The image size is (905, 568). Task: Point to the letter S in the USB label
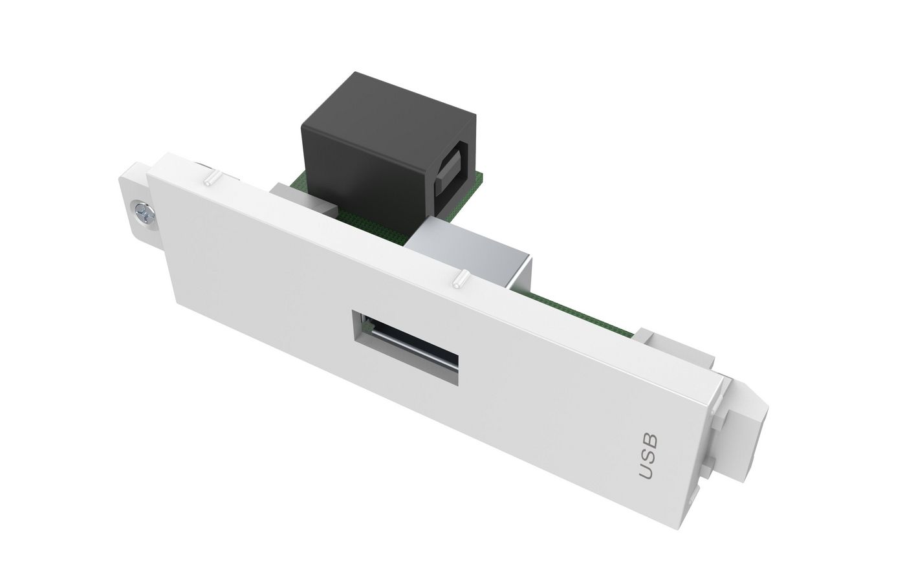pos(649,455)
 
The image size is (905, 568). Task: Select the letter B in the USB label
pos(650,440)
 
